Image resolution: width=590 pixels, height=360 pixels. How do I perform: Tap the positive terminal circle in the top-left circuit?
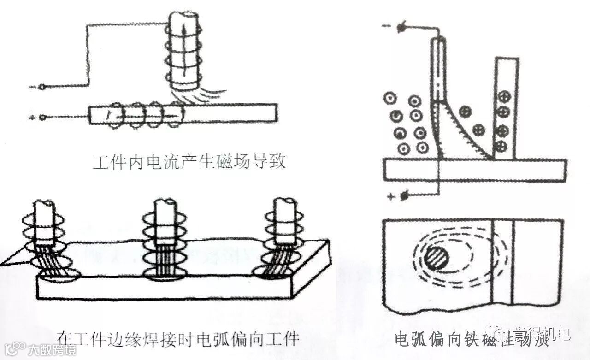[x=42, y=118]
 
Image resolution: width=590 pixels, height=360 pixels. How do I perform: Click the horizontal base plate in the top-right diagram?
[x=475, y=169]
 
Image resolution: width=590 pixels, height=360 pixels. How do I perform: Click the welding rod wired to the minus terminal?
[x=440, y=69]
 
